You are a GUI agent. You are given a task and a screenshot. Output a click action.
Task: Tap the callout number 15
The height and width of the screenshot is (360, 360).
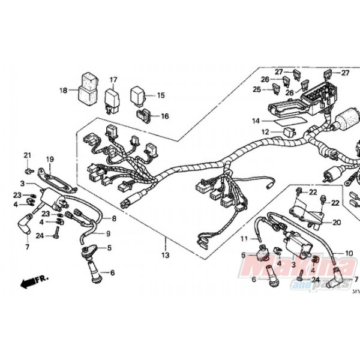click(x=160, y=95)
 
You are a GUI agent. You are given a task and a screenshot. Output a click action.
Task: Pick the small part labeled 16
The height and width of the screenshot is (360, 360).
click(x=144, y=114)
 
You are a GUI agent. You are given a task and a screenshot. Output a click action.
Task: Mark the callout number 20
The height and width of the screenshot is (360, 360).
click(x=336, y=222)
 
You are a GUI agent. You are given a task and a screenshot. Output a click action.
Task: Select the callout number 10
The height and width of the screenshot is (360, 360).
click(x=349, y=252)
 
